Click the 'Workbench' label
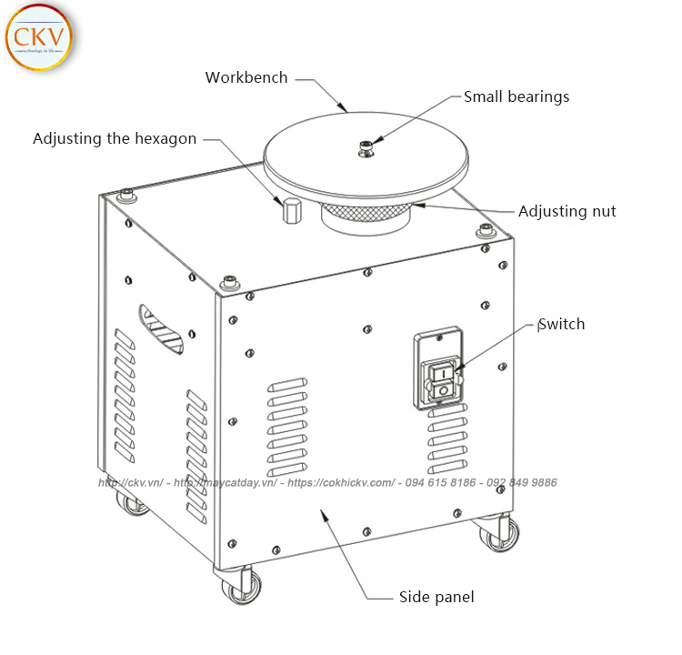point(246,78)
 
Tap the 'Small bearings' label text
point(517,96)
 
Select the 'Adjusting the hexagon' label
point(115,139)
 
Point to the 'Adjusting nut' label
point(567,211)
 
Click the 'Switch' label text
point(562,324)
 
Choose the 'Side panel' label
point(436,598)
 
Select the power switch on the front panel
point(442,382)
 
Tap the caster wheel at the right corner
point(498,534)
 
